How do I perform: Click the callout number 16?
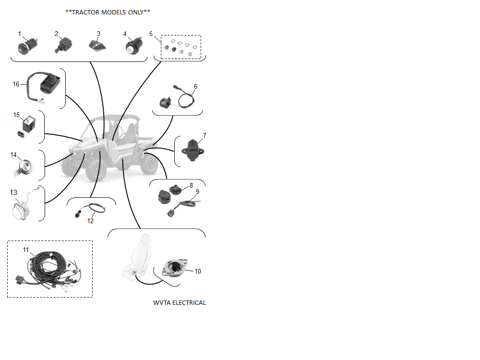pyautogui.click(x=16, y=84)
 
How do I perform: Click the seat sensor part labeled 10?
pyautogui.click(x=174, y=268)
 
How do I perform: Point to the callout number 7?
pyautogui.click(x=204, y=135)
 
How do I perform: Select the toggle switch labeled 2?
pyautogui.click(x=64, y=45)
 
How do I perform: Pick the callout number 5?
pyautogui.click(x=151, y=34)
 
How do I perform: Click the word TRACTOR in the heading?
pyautogui.click(x=86, y=12)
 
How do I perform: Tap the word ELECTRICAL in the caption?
pyautogui.click(x=189, y=303)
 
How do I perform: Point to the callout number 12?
pyautogui.click(x=90, y=221)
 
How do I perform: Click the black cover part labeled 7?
pyautogui.click(x=192, y=150)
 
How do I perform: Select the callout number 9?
pyautogui.click(x=197, y=192)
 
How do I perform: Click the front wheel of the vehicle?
pyautogui.click(x=96, y=170)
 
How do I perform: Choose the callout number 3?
pyautogui.click(x=98, y=34)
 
